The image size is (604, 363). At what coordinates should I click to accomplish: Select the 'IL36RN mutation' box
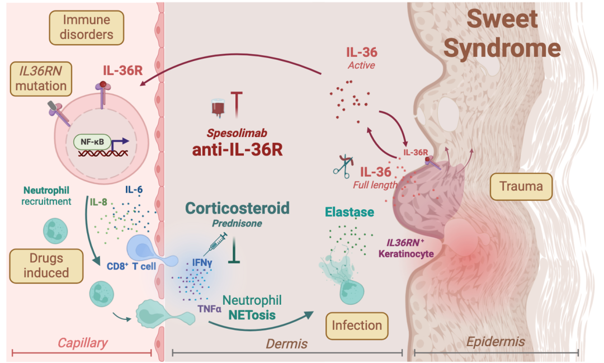tap(41, 78)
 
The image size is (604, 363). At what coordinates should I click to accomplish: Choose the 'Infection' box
tap(357, 325)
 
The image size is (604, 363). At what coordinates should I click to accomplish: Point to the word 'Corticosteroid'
tap(238, 209)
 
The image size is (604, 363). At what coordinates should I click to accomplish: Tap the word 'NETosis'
tap(252, 315)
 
